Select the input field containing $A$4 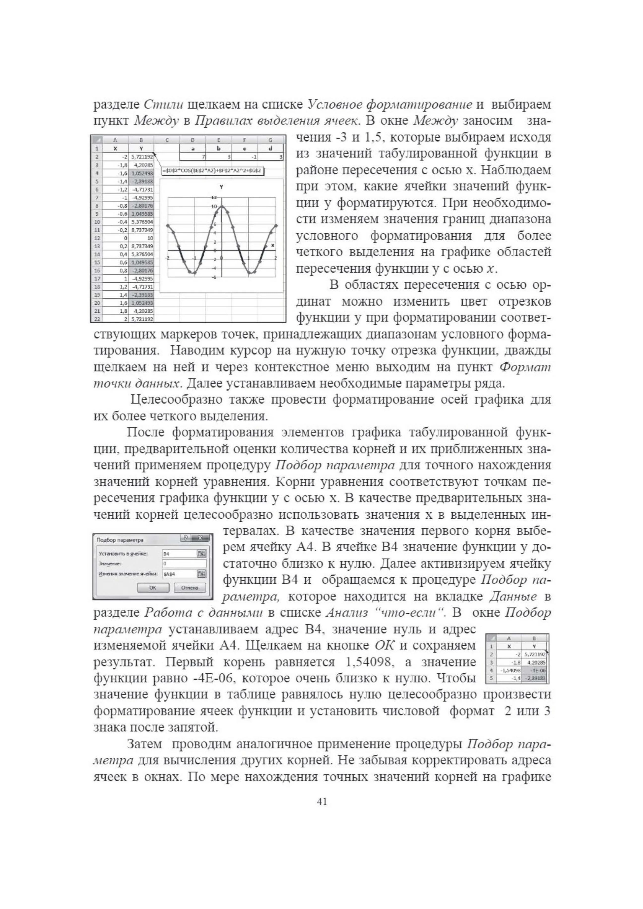point(179,574)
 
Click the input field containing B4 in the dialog point(179,554)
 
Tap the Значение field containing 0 point(184,563)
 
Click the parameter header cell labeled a point(193,149)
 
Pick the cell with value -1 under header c point(245,157)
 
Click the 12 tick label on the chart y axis point(214,197)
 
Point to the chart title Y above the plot point(221,187)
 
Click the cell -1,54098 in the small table point(510,670)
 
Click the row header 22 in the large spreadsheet point(96,319)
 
